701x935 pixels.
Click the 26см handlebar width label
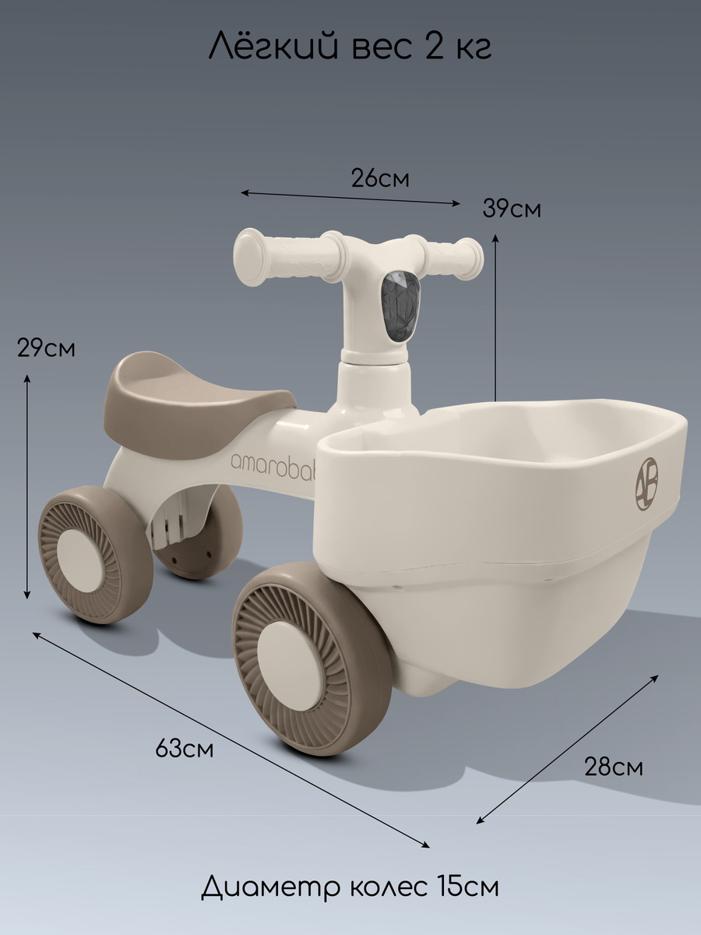click(x=380, y=179)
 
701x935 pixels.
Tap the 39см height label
click(x=512, y=209)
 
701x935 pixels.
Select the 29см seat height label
click(x=46, y=348)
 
